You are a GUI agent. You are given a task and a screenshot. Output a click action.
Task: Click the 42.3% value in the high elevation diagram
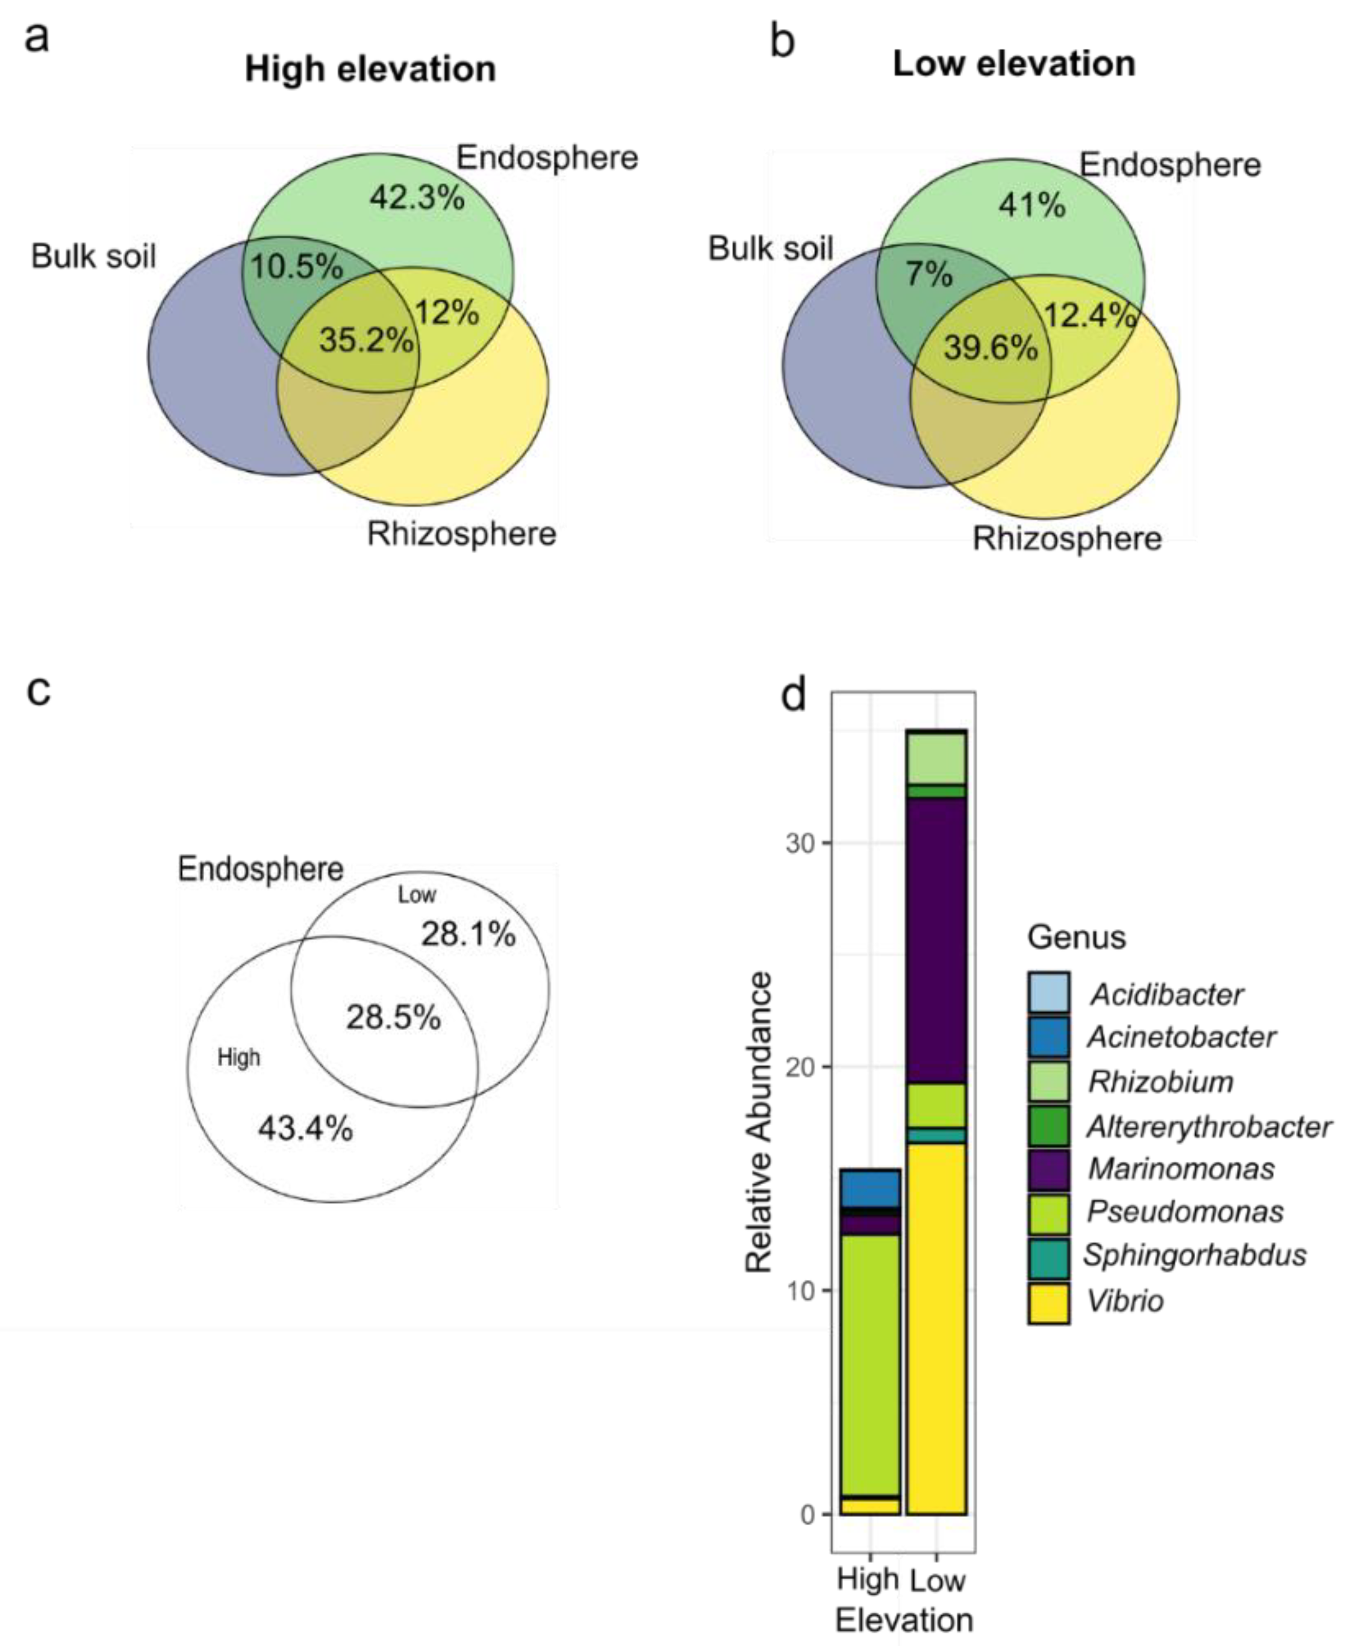click(x=417, y=198)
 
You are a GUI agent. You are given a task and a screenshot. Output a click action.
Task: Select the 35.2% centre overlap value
click(x=366, y=340)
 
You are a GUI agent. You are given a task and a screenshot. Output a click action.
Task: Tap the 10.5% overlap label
click(x=296, y=267)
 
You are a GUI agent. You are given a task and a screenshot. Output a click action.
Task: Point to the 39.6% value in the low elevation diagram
click(x=991, y=347)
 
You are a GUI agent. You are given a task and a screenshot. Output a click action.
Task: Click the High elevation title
click(x=370, y=69)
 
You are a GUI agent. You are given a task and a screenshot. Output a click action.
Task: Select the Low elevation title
click(x=1013, y=63)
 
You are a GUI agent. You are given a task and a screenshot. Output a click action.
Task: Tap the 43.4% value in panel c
click(x=305, y=1128)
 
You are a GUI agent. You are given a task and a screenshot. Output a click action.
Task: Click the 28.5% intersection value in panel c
click(x=394, y=1017)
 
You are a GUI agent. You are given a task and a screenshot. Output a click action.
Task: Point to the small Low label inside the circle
click(x=417, y=895)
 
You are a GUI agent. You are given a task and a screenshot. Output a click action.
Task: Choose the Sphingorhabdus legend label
click(x=1195, y=1255)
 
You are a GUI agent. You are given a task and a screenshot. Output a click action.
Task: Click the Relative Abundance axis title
click(x=758, y=1122)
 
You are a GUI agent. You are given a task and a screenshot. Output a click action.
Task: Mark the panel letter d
click(x=794, y=694)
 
